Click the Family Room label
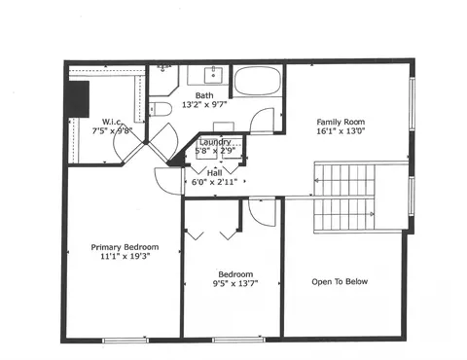[341, 122]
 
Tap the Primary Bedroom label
[125, 247]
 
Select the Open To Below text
[340, 281]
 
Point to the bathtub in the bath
[258, 81]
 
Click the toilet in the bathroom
[161, 109]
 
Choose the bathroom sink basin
[213, 75]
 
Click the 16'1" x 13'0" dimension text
[341, 131]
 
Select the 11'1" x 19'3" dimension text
[125, 256]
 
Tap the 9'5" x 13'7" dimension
[235, 283]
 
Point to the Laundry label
[215, 142]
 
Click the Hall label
[214, 172]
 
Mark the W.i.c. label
[112, 122]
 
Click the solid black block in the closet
[78, 99]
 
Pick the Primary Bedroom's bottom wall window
[126, 340]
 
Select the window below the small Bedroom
[238, 340]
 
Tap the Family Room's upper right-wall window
[412, 103]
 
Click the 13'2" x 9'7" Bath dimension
[204, 105]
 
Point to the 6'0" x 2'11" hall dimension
[214, 182]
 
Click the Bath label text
[204, 95]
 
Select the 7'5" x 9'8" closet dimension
[113, 131]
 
